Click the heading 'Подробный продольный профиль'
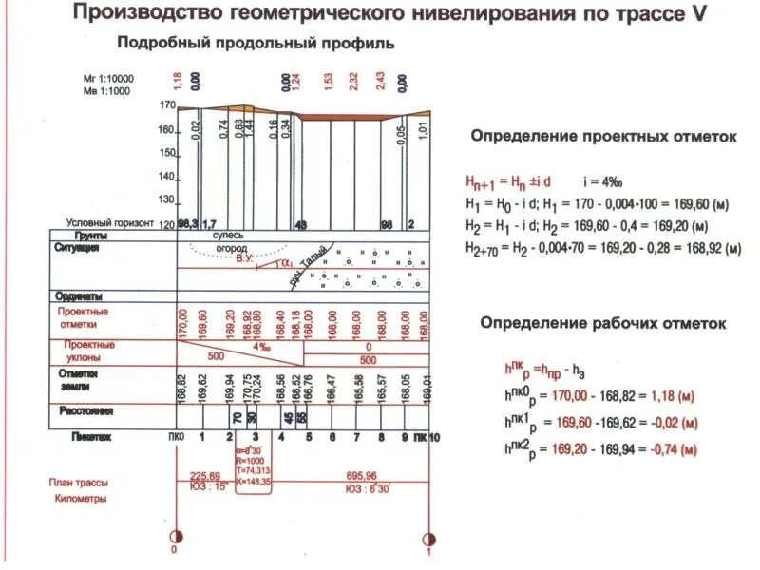point(256,44)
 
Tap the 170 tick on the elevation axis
point(168,105)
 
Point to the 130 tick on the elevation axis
point(168,199)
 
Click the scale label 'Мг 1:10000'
point(108,79)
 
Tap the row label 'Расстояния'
point(86,411)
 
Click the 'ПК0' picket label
point(176,436)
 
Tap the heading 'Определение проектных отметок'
point(604,137)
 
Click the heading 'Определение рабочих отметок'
point(603,323)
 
